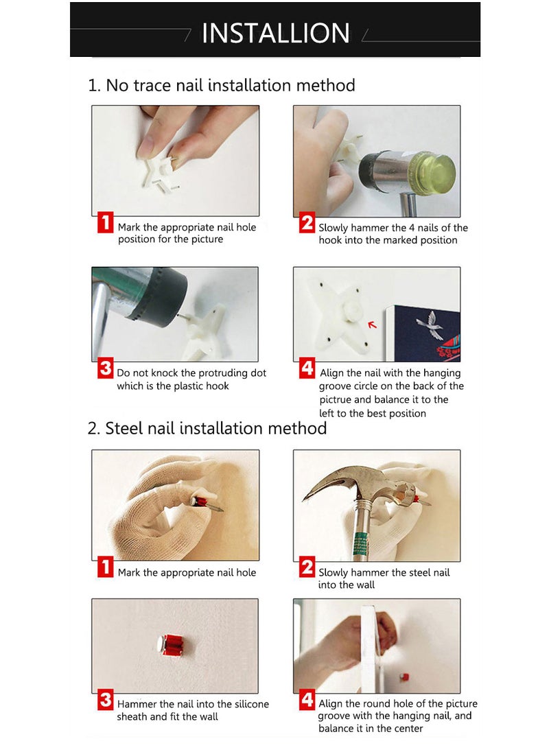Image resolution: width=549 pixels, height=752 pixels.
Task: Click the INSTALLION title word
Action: point(275,33)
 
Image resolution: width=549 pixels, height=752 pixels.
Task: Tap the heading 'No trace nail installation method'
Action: point(230,85)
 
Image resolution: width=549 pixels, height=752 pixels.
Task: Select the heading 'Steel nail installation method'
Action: point(215,427)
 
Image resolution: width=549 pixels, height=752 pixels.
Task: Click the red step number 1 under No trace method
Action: point(105,222)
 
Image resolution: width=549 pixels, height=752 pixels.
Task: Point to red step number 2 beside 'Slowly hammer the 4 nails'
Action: point(307,223)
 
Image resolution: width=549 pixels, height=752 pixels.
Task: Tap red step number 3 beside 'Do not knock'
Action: point(106,368)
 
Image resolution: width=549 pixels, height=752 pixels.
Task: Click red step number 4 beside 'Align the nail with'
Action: point(307,368)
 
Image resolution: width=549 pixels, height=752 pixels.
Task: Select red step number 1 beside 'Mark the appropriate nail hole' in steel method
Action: point(105,566)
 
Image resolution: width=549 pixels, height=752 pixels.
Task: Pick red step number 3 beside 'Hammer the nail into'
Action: point(106,699)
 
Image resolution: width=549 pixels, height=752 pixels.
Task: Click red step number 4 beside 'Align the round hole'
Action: point(307,699)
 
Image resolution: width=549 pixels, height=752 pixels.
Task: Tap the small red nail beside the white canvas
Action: point(404,677)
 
